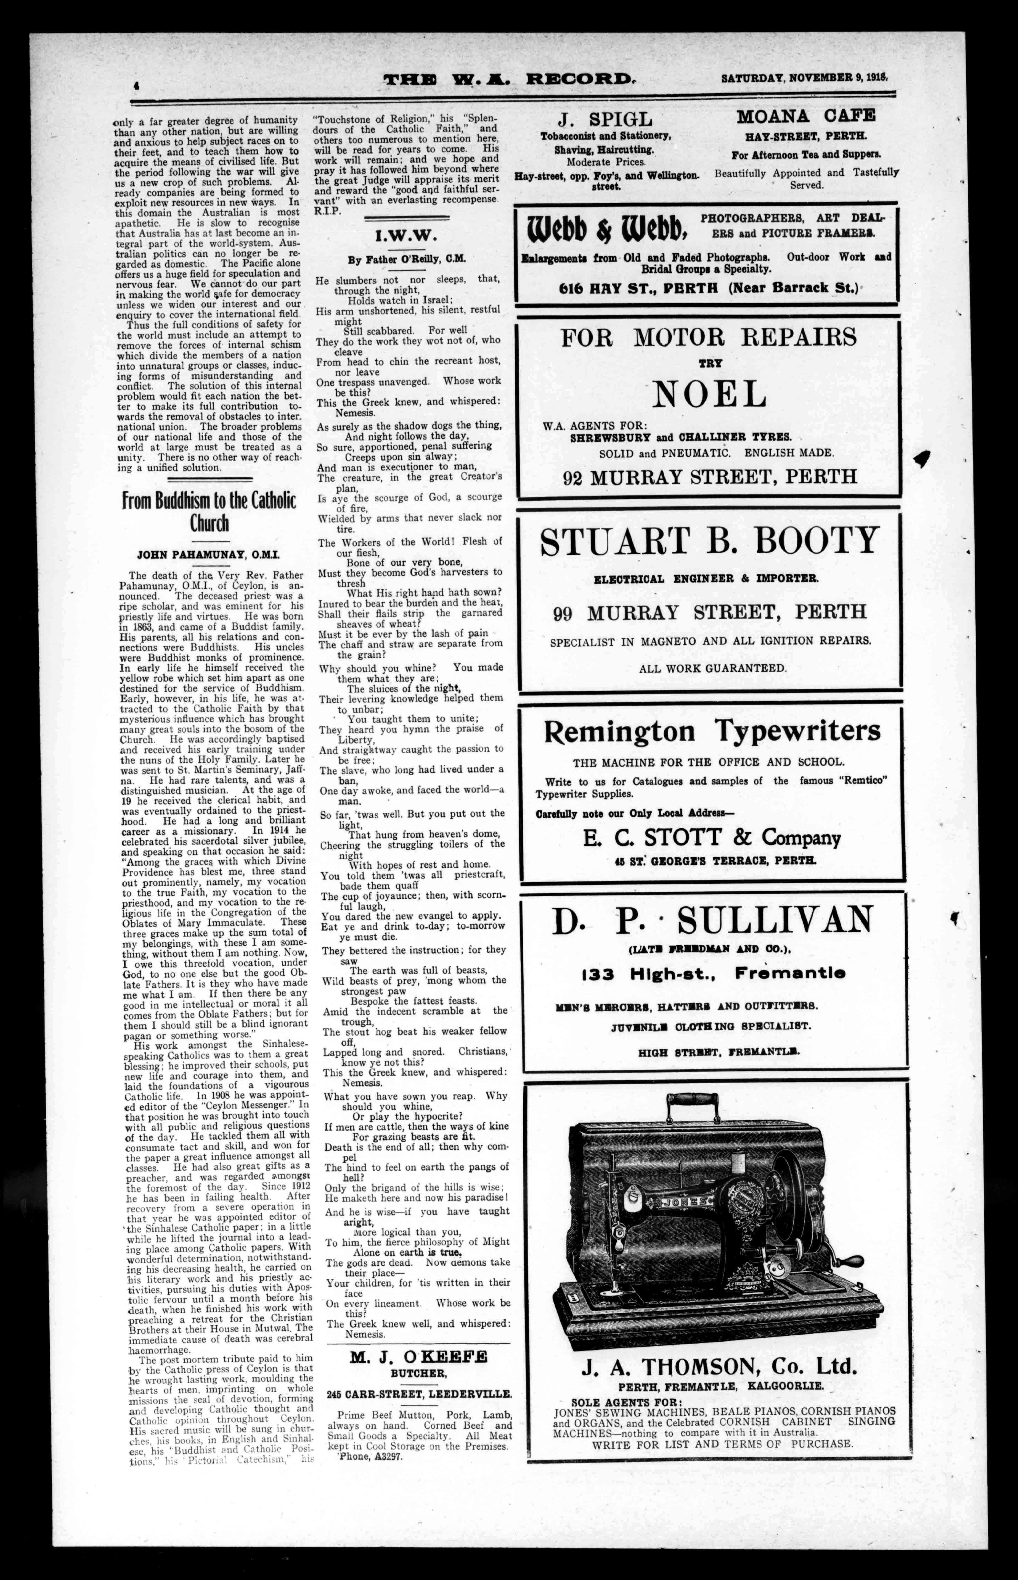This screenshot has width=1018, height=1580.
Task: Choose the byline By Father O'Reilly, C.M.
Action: pyautogui.click(x=407, y=260)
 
